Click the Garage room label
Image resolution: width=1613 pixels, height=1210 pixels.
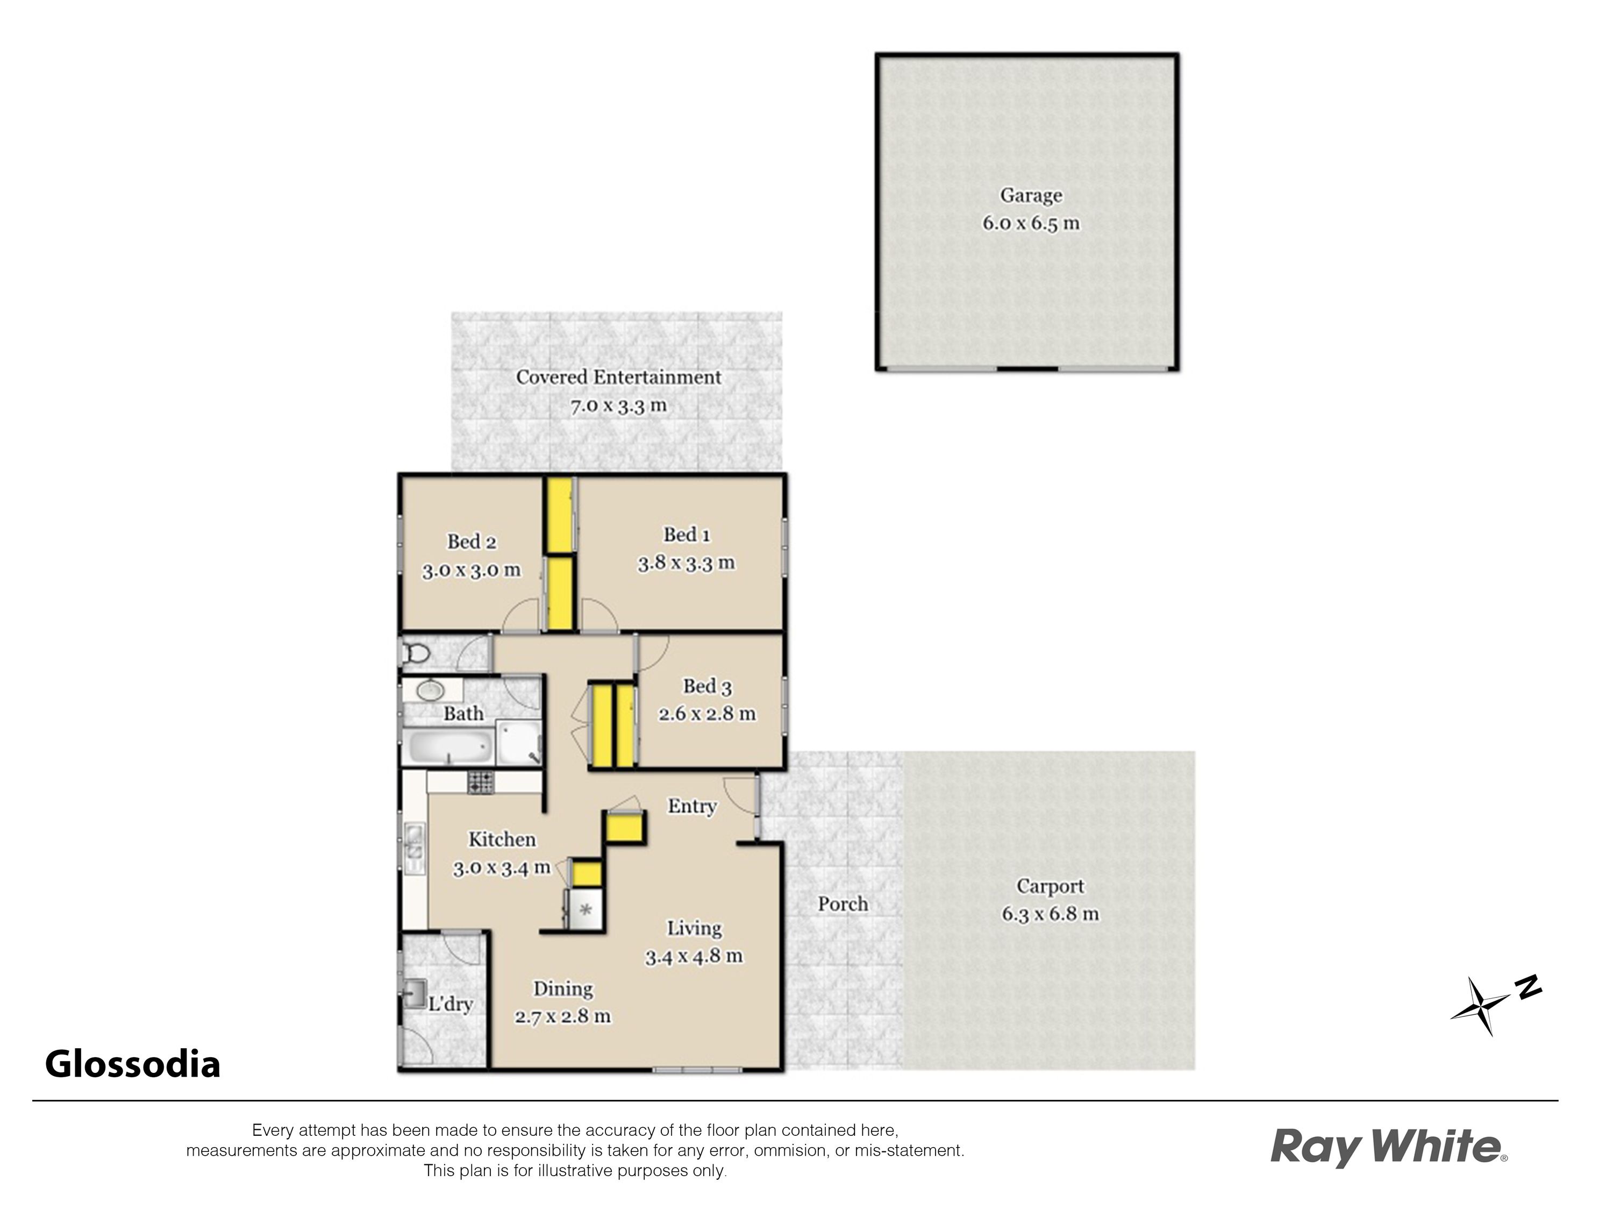[1030, 195]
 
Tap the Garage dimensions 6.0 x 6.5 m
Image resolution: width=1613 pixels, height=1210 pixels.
[1030, 223]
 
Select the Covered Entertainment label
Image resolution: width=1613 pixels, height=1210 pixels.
[618, 377]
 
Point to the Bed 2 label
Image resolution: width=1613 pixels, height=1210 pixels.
[471, 542]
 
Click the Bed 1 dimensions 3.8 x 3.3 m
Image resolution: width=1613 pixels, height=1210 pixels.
[686, 563]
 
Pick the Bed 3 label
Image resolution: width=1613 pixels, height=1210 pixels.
[706, 686]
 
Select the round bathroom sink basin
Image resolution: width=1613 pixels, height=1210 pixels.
[430, 689]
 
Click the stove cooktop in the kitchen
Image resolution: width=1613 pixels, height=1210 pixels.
[481, 782]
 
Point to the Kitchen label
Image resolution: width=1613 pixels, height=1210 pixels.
[502, 839]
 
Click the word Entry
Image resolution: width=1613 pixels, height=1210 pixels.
[692, 806]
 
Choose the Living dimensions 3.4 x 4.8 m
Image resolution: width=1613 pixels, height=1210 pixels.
[694, 956]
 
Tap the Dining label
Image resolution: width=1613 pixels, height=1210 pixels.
[563, 989]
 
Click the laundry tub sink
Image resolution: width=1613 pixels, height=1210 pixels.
[416, 993]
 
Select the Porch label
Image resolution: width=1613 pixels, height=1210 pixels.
[843, 905]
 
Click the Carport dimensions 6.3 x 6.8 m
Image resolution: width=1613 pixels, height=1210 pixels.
[1050, 914]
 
